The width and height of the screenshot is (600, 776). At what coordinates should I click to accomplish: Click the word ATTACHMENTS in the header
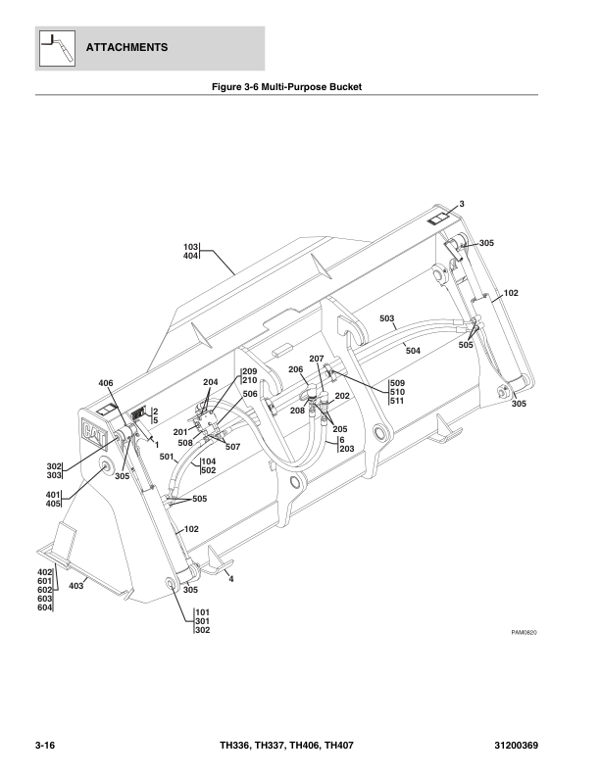click(x=126, y=47)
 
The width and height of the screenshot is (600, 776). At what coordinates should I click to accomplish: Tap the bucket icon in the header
click(x=57, y=47)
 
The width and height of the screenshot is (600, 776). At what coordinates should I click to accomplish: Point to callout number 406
click(x=106, y=383)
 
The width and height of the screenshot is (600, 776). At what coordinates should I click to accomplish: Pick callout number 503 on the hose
click(x=386, y=319)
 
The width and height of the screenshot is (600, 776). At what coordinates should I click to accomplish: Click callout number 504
click(x=413, y=350)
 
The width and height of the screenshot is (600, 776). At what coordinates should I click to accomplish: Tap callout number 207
click(x=316, y=360)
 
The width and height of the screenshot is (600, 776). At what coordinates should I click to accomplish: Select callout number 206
click(x=295, y=368)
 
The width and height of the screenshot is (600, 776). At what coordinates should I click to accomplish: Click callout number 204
click(x=210, y=382)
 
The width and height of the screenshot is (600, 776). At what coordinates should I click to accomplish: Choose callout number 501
click(x=166, y=457)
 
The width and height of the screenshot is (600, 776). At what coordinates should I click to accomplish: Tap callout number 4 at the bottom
click(x=231, y=580)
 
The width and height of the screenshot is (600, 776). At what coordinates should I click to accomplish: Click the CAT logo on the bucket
click(x=95, y=432)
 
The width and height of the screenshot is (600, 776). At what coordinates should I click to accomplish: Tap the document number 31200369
click(x=538, y=747)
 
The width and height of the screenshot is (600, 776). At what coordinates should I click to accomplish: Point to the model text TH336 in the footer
click(x=236, y=747)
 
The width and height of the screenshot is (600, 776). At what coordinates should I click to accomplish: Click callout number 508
click(x=185, y=443)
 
